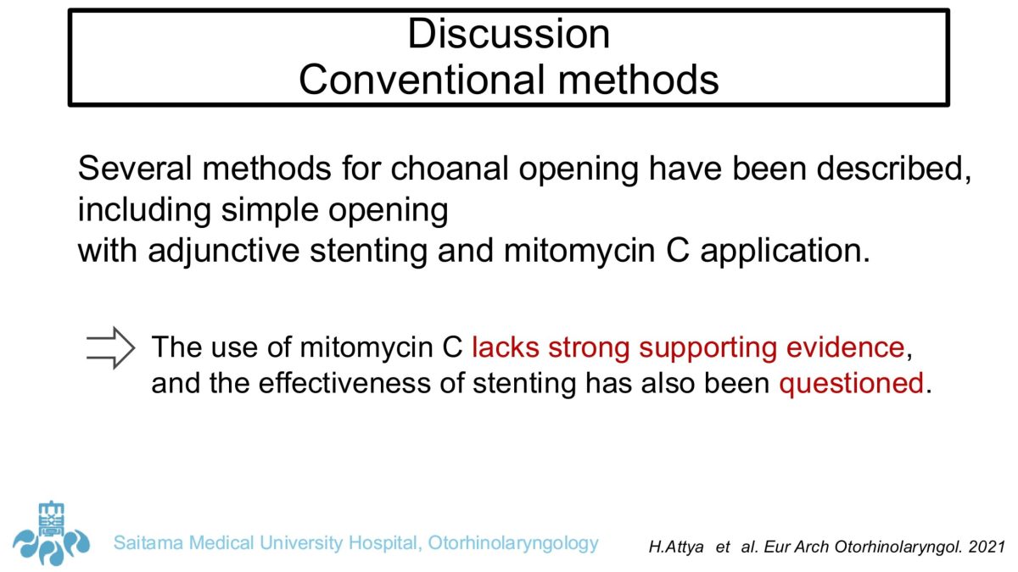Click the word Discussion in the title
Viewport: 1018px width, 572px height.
[x=508, y=34]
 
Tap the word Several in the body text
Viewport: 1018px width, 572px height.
[x=135, y=169]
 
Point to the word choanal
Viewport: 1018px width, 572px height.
[x=449, y=169]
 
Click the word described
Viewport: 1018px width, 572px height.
[x=893, y=169]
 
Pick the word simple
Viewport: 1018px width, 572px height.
[x=269, y=210]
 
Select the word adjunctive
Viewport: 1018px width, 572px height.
[x=224, y=251]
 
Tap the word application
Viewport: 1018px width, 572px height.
[x=785, y=251]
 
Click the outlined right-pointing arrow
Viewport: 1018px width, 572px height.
[x=111, y=347]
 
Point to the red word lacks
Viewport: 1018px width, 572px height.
[x=506, y=347]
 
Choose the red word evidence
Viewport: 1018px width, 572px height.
[x=845, y=347]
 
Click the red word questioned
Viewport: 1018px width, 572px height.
[x=851, y=384]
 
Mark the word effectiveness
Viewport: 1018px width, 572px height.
[x=344, y=383]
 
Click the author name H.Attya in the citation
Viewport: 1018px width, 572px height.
[x=676, y=547]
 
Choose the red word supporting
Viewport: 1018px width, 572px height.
[x=708, y=348]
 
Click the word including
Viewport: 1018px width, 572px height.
[x=144, y=210]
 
